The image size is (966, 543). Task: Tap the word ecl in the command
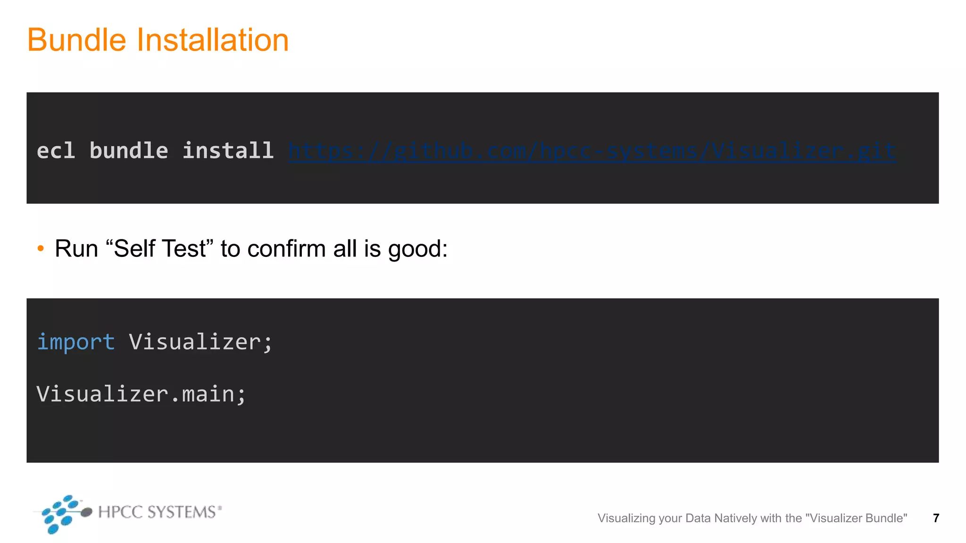tap(56, 151)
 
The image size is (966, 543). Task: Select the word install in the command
tap(228, 151)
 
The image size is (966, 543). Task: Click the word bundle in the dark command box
tap(128, 151)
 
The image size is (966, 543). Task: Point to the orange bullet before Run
tap(41, 248)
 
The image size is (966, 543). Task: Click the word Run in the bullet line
tap(76, 248)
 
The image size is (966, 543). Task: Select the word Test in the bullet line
tap(183, 248)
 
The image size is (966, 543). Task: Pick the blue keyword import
tap(76, 342)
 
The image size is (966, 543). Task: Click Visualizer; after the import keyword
tap(201, 342)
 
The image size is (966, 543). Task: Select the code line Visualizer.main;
tap(141, 394)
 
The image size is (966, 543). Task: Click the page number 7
tap(936, 518)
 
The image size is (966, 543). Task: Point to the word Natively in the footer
tap(735, 518)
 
